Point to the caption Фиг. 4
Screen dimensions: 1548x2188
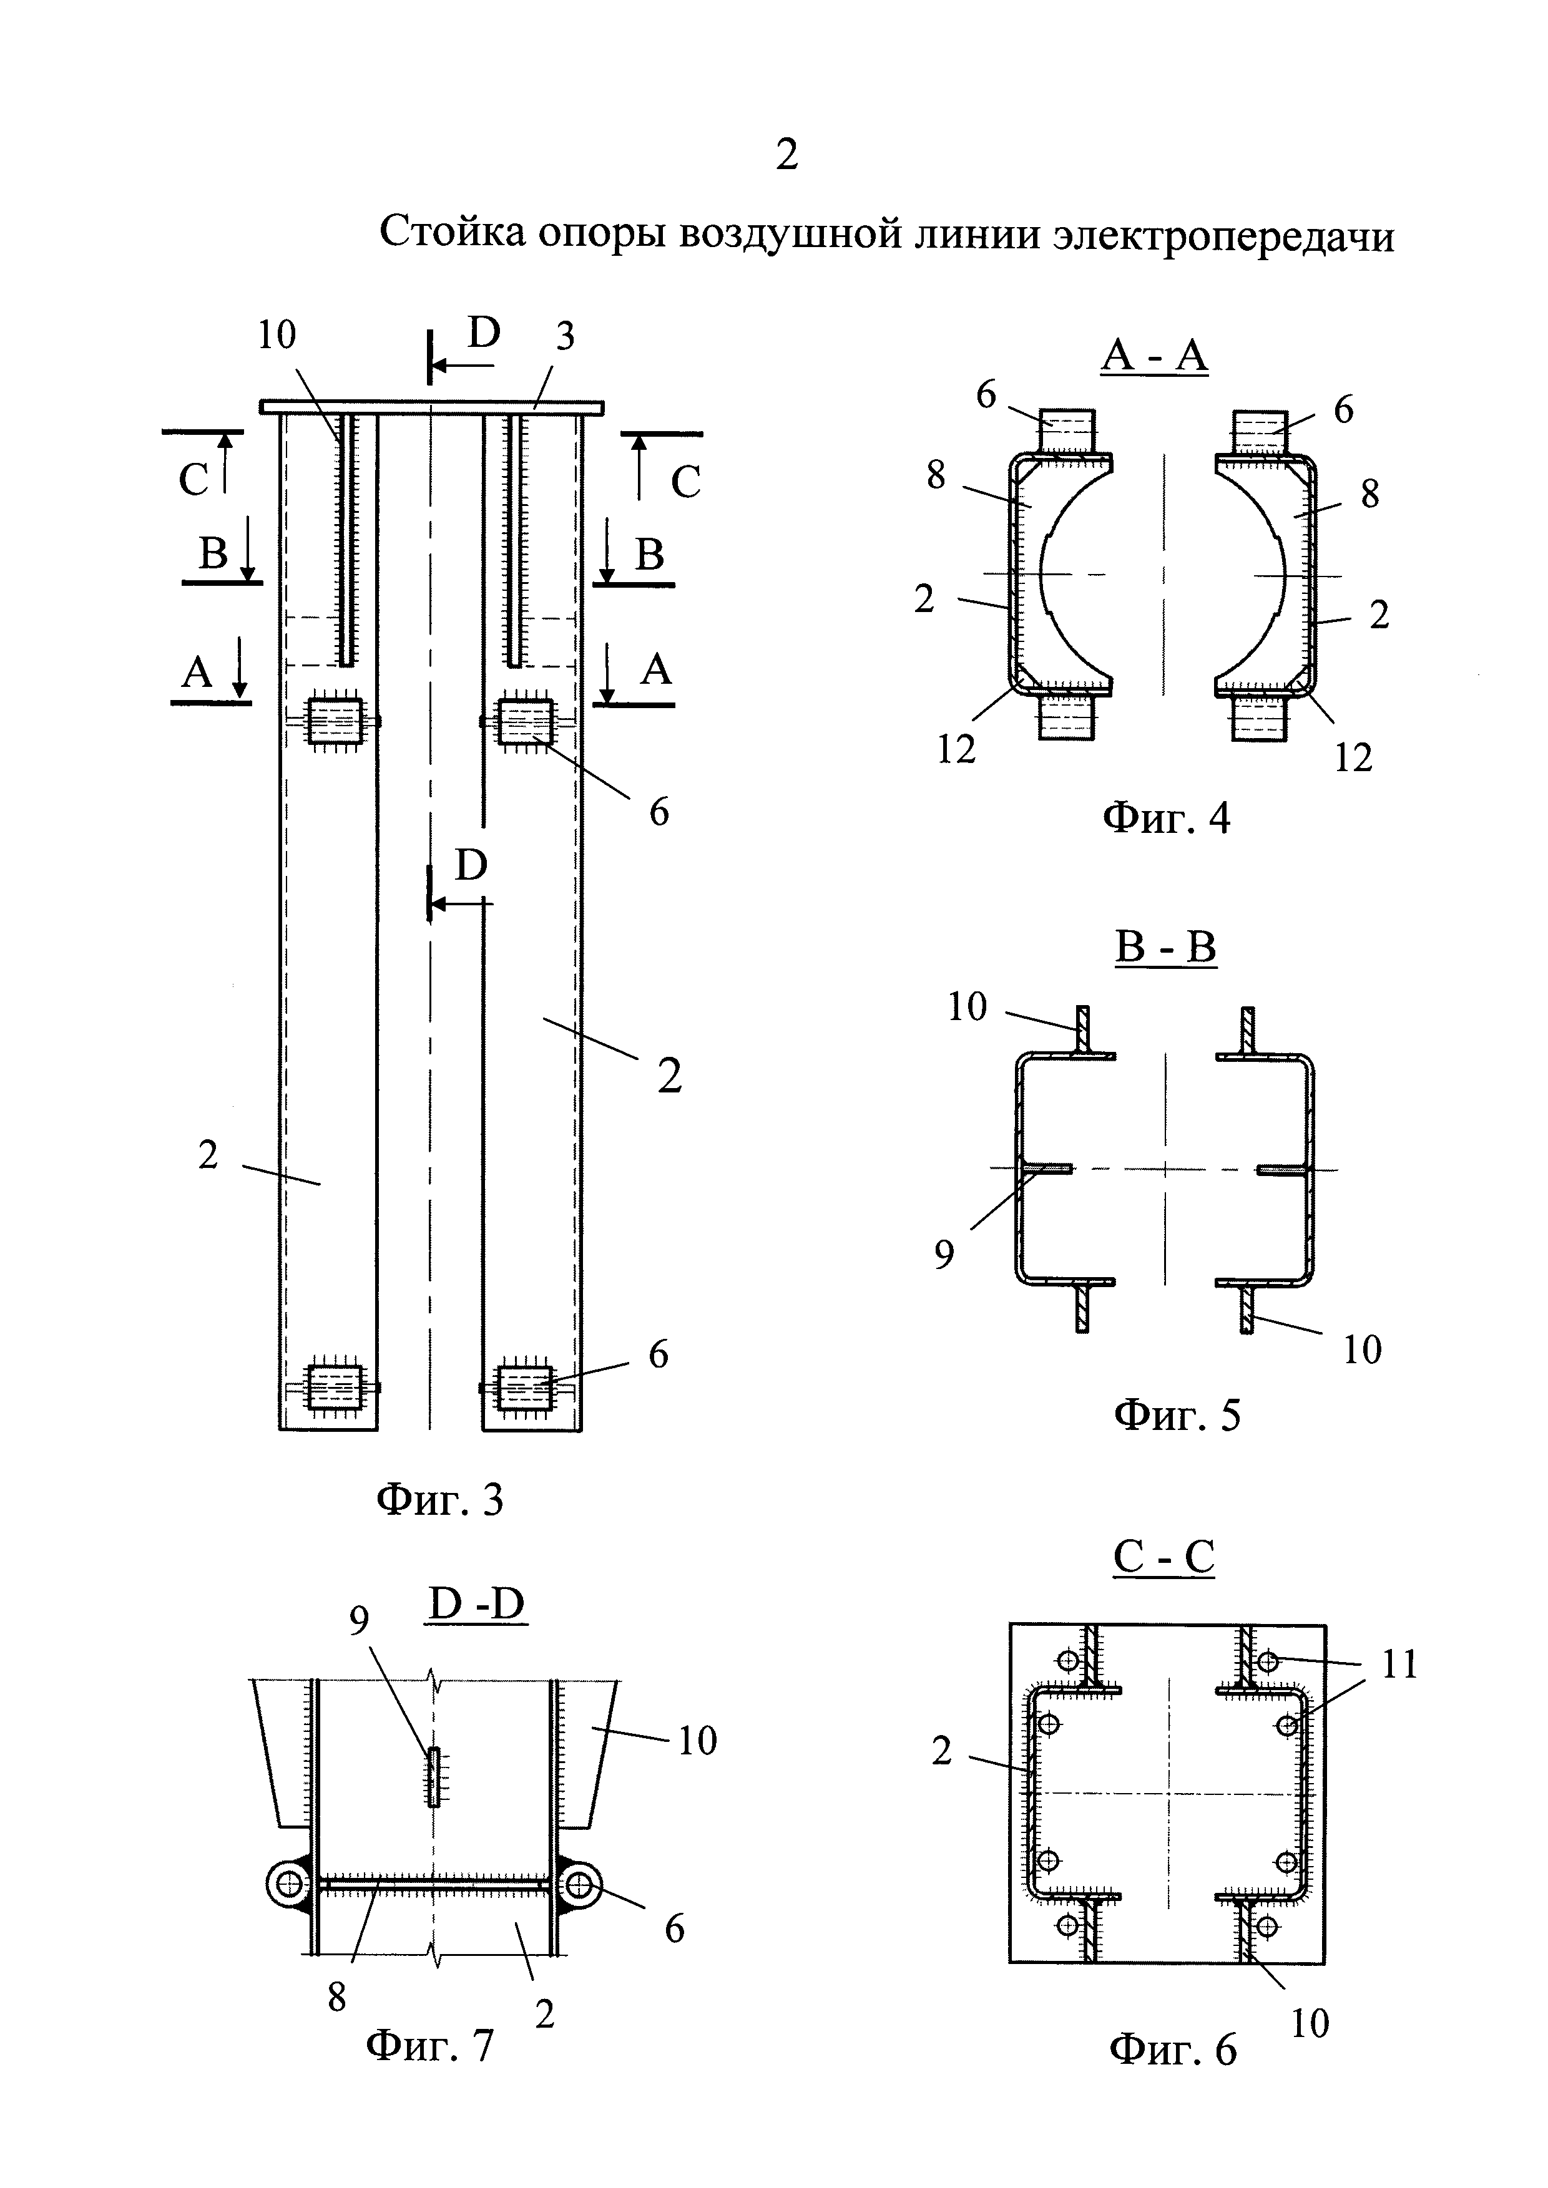1166,818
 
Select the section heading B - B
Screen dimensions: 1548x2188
1165,947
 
